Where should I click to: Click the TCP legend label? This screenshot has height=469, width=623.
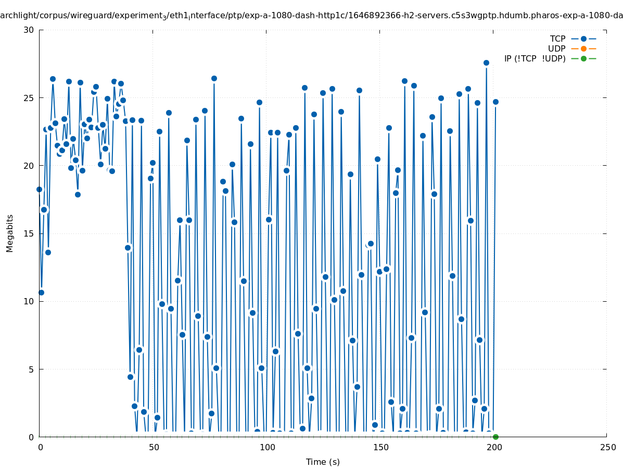point(557,39)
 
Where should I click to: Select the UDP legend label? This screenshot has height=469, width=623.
point(556,48)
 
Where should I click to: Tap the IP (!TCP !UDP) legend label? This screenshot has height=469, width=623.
point(535,58)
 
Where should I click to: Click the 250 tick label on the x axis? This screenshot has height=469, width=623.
point(607,448)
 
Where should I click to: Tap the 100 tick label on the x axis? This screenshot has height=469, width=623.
point(266,448)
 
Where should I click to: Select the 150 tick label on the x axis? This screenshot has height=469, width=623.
point(380,448)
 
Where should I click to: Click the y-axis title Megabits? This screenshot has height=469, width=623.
point(10,233)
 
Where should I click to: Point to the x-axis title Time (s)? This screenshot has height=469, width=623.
point(323,462)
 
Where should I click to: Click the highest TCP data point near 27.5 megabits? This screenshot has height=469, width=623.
point(486,63)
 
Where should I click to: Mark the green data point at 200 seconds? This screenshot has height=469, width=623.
point(495,437)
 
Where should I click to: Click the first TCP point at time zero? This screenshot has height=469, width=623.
point(39,189)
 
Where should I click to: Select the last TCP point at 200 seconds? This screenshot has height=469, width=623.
point(495,102)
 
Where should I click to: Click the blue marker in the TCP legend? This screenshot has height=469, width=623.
point(583,39)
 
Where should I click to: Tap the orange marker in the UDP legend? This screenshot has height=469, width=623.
point(583,48)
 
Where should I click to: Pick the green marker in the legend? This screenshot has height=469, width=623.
point(583,58)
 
